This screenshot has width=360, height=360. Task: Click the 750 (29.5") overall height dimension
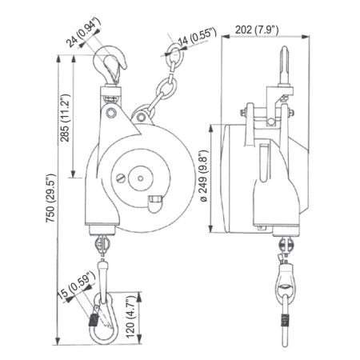pyautogui.click(x=50, y=198)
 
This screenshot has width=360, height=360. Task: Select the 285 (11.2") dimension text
pyautogui.click(x=65, y=118)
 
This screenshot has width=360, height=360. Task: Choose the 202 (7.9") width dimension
pyautogui.click(x=257, y=30)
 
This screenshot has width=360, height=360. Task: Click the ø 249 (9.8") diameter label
pyautogui.click(x=203, y=176)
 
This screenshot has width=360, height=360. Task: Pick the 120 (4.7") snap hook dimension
pyautogui.click(x=131, y=317)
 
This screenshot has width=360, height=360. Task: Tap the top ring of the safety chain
pyautogui.click(x=174, y=52)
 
